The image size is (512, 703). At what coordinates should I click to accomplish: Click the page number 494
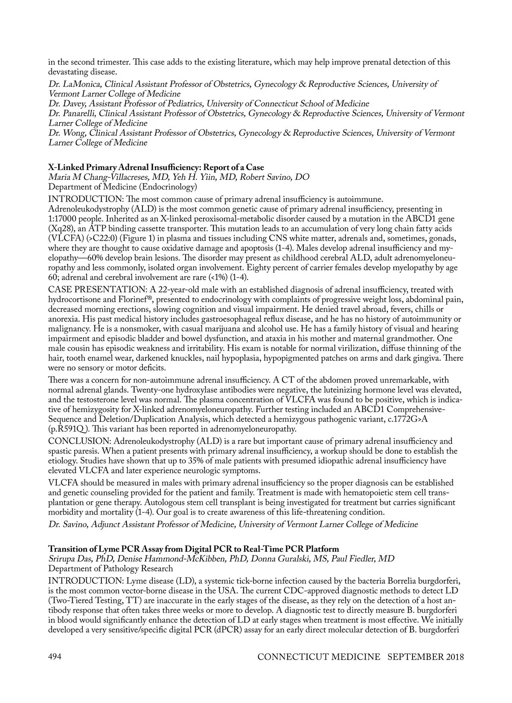coord(55,657)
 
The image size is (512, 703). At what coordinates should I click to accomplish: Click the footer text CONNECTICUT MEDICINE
coord(319,657)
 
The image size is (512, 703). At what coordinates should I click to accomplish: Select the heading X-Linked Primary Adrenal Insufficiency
coord(156,167)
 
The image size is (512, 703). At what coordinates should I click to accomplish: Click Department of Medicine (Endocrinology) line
coord(122,187)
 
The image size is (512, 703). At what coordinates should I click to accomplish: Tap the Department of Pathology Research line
coord(111,568)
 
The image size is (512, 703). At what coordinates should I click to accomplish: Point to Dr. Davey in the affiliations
coord(67,104)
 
